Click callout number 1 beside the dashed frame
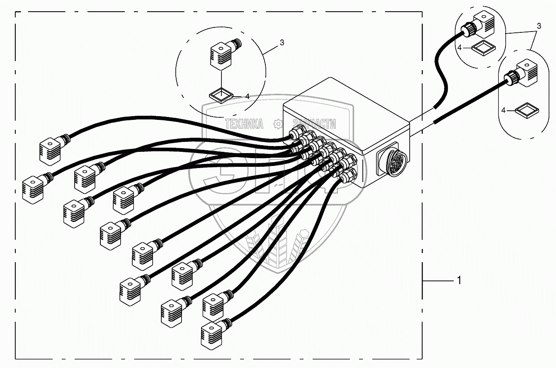coord(459,281)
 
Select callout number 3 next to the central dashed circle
coord(282,42)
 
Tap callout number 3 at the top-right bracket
coord(539,26)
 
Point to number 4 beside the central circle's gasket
coord(247,96)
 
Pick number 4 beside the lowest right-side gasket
coord(504,110)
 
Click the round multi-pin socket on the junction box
coord(391,160)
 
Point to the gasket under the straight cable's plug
coord(527,111)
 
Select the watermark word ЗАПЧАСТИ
coord(314,124)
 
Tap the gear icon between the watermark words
coord(278,124)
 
